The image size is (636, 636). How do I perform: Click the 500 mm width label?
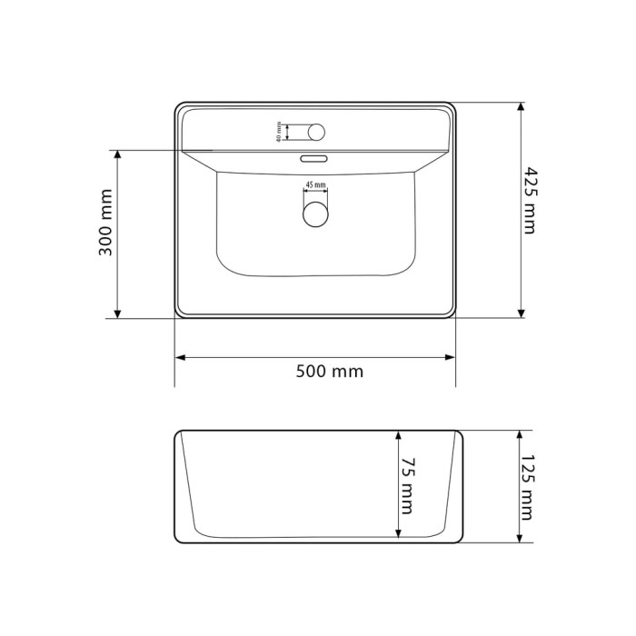329,372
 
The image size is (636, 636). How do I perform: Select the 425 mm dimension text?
528,201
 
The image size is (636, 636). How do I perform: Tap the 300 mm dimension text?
105,223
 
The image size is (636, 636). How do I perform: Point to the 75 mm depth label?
407,486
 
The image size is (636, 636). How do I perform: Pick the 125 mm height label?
528,487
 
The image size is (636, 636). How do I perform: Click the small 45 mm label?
315,185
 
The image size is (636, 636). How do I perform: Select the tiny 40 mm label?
279,132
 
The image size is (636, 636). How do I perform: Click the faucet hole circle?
316,133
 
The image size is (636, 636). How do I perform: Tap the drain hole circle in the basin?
315,214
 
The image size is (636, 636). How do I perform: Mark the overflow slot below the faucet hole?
313,158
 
